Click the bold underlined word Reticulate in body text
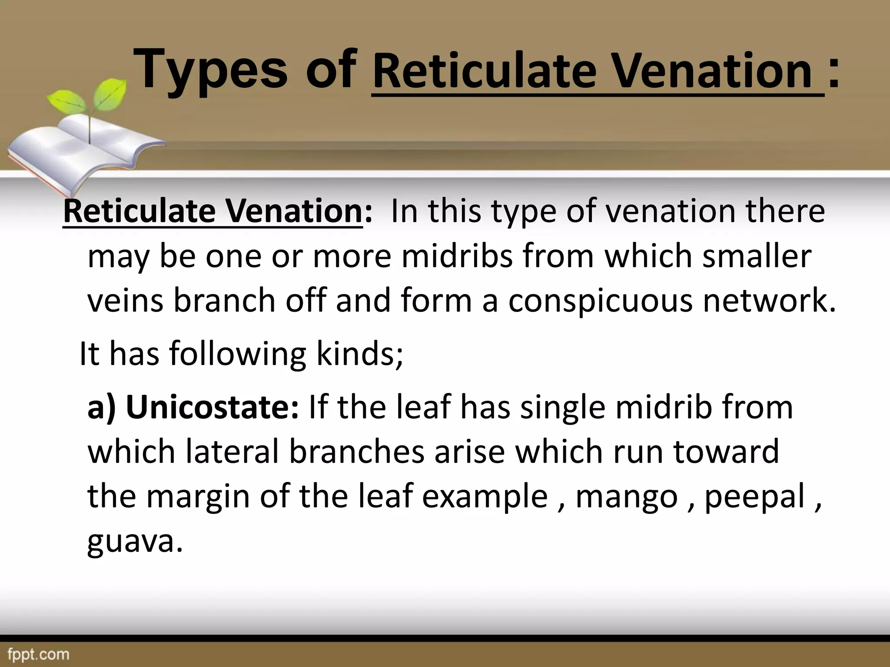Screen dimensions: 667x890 coord(139,211)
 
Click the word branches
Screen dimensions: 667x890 coord(356,452)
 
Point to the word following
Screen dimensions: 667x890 coord(237,354)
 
